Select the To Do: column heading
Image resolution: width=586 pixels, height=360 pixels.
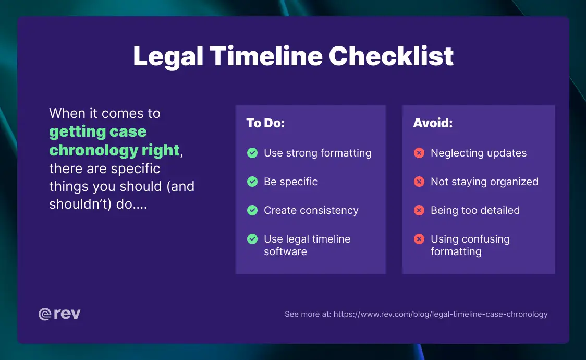(265, 123)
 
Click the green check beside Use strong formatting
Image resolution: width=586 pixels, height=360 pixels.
(252, 153)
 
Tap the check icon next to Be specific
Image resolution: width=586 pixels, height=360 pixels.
(252, 182)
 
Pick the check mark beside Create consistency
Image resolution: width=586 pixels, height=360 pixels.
(252, 211)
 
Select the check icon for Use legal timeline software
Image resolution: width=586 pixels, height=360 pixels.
(252, 239)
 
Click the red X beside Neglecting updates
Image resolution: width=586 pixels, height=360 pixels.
(419, 153)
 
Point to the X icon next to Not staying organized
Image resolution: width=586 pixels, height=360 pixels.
(419, 182)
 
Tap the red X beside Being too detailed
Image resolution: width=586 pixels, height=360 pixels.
(419, 211)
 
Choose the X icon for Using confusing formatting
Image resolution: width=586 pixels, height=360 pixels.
(419, 239)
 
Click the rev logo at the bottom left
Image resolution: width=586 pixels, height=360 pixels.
(59, 314)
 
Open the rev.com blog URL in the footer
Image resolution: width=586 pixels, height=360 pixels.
(441, 314)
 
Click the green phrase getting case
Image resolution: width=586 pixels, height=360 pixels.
(98, 131)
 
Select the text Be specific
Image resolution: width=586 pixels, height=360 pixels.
(290, 182)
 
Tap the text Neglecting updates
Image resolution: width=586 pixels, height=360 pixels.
(479, 153)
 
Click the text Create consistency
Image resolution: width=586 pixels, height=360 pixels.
(311, 211)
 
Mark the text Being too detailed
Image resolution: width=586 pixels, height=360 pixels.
(475, 211)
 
